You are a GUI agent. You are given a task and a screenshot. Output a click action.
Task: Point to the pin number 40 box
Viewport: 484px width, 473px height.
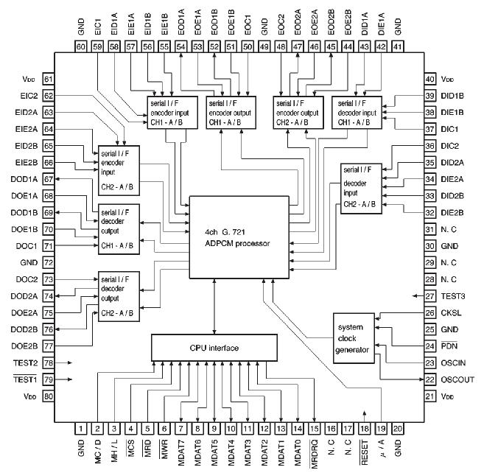coord(430,80)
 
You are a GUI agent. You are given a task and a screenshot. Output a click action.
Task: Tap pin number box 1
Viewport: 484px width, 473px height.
coord(80,427)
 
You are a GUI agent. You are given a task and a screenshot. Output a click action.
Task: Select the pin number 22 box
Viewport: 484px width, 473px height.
coord(430,379)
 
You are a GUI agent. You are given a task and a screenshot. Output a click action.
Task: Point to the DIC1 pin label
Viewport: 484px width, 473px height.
coord(450,129)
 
